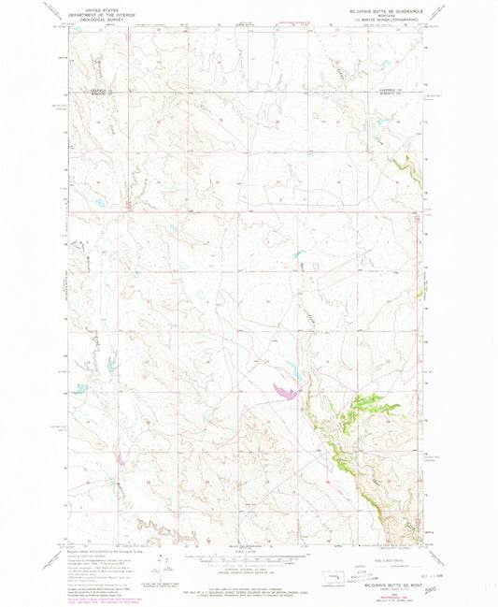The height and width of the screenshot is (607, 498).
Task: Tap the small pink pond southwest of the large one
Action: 120,458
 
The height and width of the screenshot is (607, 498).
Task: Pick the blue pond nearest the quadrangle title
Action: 299,253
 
